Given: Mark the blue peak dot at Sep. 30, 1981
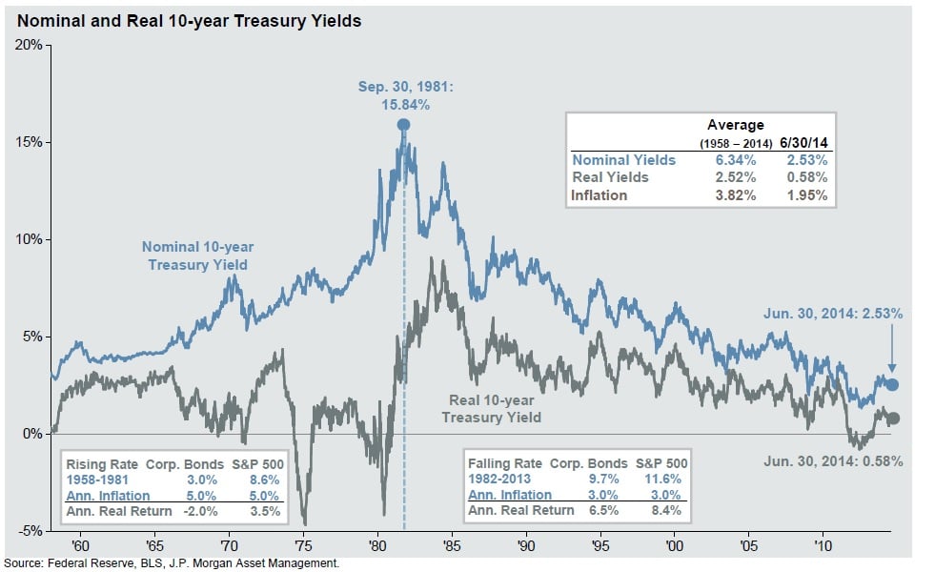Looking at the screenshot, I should click(403, 125).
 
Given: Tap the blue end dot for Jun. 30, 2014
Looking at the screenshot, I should click(892, 384).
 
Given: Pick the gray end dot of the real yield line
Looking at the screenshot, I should click(893, 418).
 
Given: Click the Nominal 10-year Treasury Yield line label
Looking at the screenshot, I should click(199, 255).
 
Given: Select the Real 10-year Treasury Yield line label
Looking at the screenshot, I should click(490, 409).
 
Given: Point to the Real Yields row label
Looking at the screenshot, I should click(610, 177).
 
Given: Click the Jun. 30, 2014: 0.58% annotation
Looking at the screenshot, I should click(832, 460).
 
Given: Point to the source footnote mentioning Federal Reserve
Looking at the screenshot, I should click(172, 564).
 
